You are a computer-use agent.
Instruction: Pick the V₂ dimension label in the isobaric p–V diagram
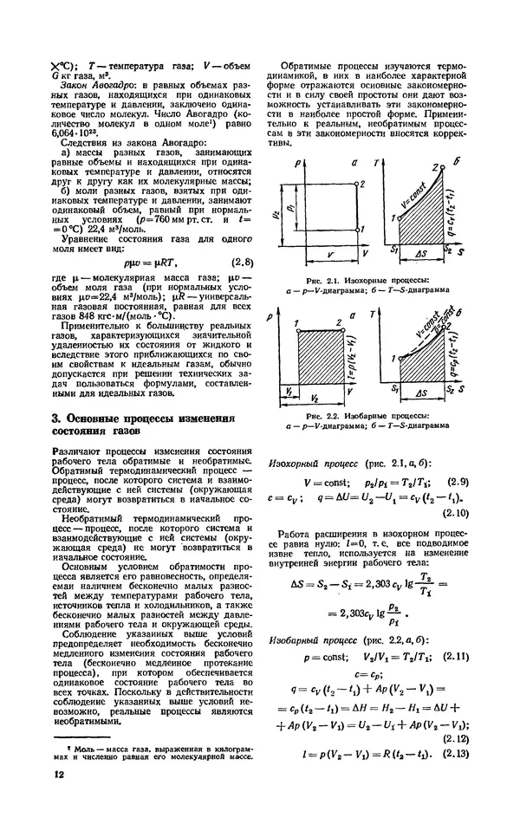[319, 391]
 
